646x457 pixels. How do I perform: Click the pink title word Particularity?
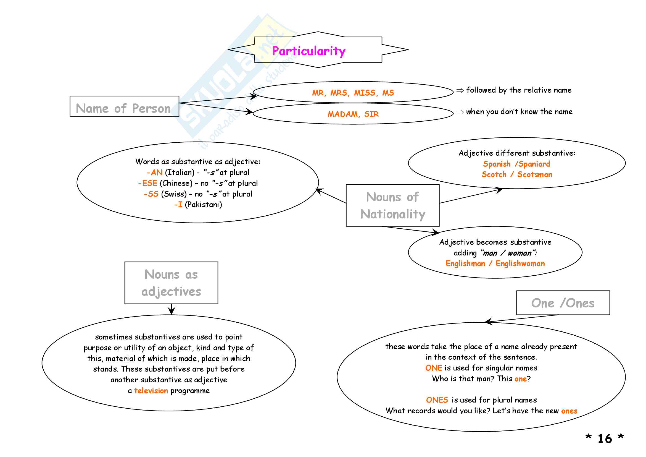coord(309,51)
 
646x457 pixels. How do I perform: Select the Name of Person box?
coord(124,106)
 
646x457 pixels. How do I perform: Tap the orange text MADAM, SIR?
coord(353,114)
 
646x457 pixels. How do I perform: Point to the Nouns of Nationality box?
coord(392,205)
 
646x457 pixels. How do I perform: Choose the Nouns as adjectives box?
coord(171,283)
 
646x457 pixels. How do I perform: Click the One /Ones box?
coord(563,303)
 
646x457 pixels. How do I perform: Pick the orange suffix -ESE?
coord(148,183)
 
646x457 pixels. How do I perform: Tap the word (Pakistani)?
coord(204,204)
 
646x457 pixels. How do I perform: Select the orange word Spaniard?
coord(534,164)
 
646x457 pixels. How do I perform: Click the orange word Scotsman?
coord(535,174)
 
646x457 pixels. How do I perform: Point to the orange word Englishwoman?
coord(520,263)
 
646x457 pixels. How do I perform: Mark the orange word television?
coord(151,391)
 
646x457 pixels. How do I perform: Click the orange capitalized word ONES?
coord(437,400)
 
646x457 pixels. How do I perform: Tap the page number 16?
coord(605,439)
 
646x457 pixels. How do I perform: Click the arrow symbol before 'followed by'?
coord(460,90)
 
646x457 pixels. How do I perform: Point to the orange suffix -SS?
coord(151,194)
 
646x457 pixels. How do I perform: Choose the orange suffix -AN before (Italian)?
coord(155,172)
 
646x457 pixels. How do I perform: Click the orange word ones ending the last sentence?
coord(569,411)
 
